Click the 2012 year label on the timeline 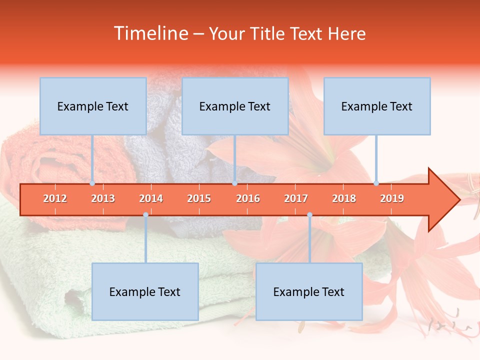point(55,198)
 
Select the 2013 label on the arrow point(103,198)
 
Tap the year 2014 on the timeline point(151,198)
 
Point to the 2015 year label point(199,198)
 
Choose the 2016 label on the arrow point(248,198)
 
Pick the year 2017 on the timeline point(296,198)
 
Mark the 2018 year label point(344,198)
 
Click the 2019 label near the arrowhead point(392,198)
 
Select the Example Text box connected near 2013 point(93,106)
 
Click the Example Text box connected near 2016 point(235,106)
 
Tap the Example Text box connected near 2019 point(377,106)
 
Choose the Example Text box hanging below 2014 point(145,291)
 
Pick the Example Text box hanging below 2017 point(309,291)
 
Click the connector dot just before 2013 point(92,183)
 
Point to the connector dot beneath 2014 point(145,215)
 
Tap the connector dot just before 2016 point(234,183)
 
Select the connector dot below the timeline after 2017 point(309,215)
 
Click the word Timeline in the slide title point(150,33)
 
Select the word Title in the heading point(268,33)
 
